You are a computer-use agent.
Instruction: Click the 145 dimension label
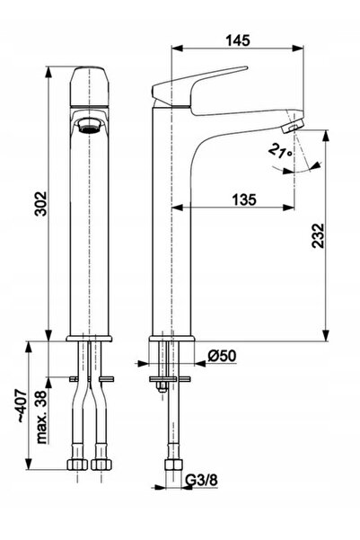(238, 40)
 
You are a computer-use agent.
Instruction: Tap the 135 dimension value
(244, 199)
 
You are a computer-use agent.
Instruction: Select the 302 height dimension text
(41, 204)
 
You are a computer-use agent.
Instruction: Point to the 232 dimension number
(318, 236)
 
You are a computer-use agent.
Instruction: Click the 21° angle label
(280, 151)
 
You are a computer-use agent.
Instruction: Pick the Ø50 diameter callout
(222, 356)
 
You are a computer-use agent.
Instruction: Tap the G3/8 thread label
(202, 480)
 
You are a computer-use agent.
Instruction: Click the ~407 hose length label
(22, 406)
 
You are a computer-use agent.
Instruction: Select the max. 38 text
(41, 417)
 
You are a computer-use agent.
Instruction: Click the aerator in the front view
(90, 126)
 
